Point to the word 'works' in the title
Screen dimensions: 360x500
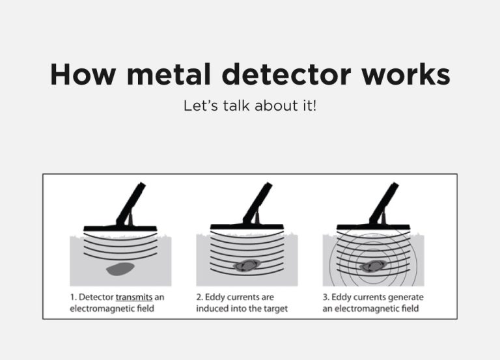coord(408,75)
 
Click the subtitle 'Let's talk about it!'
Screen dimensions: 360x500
coord(250,105)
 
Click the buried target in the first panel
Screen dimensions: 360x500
coord(120,267)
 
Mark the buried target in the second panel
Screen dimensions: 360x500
coord(247,265)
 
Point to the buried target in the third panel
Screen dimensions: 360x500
coord(373,265)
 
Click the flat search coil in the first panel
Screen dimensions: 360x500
coord(120,227)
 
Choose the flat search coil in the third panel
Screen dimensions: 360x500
coord(373,227)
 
